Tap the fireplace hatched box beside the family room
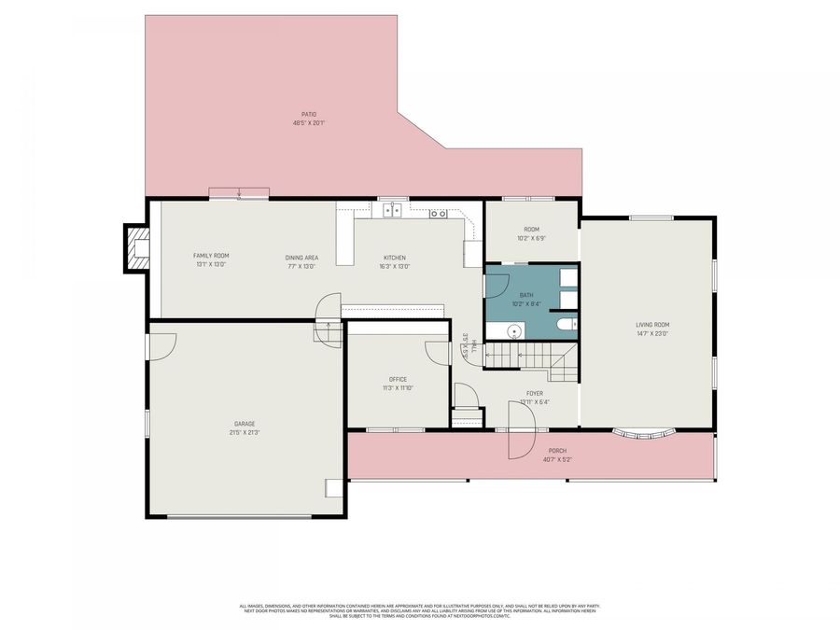tap(138, 249)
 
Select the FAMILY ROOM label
tap(211, 256)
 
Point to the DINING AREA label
tap(301, 258)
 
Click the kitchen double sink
tap(393, 211)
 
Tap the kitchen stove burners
tap(438, 214)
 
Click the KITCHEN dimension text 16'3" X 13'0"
tap(395, 266)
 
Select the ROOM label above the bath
tap(531, 230)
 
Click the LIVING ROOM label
tap(652, 325)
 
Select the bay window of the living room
tap(644, 434)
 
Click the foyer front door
tap(516, 432)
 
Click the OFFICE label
tap(398, 379)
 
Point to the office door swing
tap(438, 354)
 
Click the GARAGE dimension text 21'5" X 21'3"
tap(245, 432)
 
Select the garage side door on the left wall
tap(161, 347)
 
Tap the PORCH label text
tap(556, 451)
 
